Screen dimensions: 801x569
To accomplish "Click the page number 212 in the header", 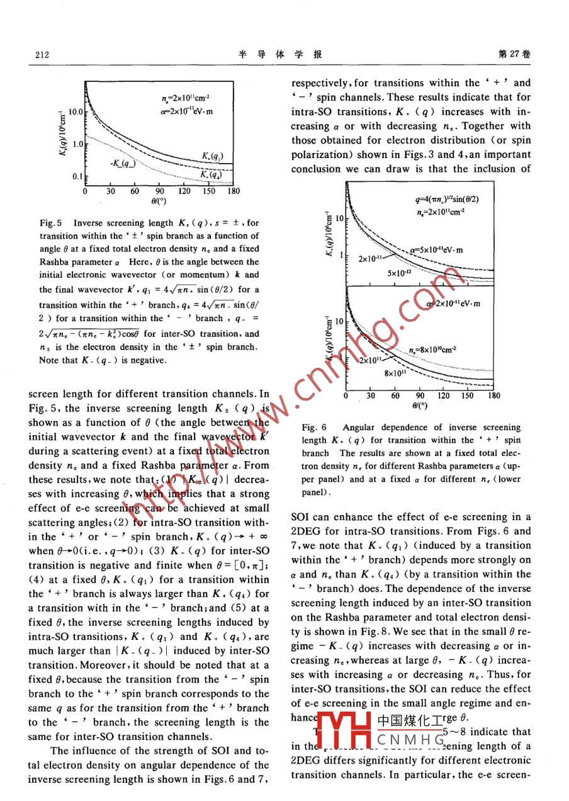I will pos(42,55).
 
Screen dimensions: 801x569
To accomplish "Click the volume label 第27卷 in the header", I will pos(514,54).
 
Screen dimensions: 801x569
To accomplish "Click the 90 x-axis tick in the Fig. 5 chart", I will pos(159,191).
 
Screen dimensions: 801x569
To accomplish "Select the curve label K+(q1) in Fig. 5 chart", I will pos(212,156).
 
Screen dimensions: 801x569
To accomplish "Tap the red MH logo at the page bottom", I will pos(344,729).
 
